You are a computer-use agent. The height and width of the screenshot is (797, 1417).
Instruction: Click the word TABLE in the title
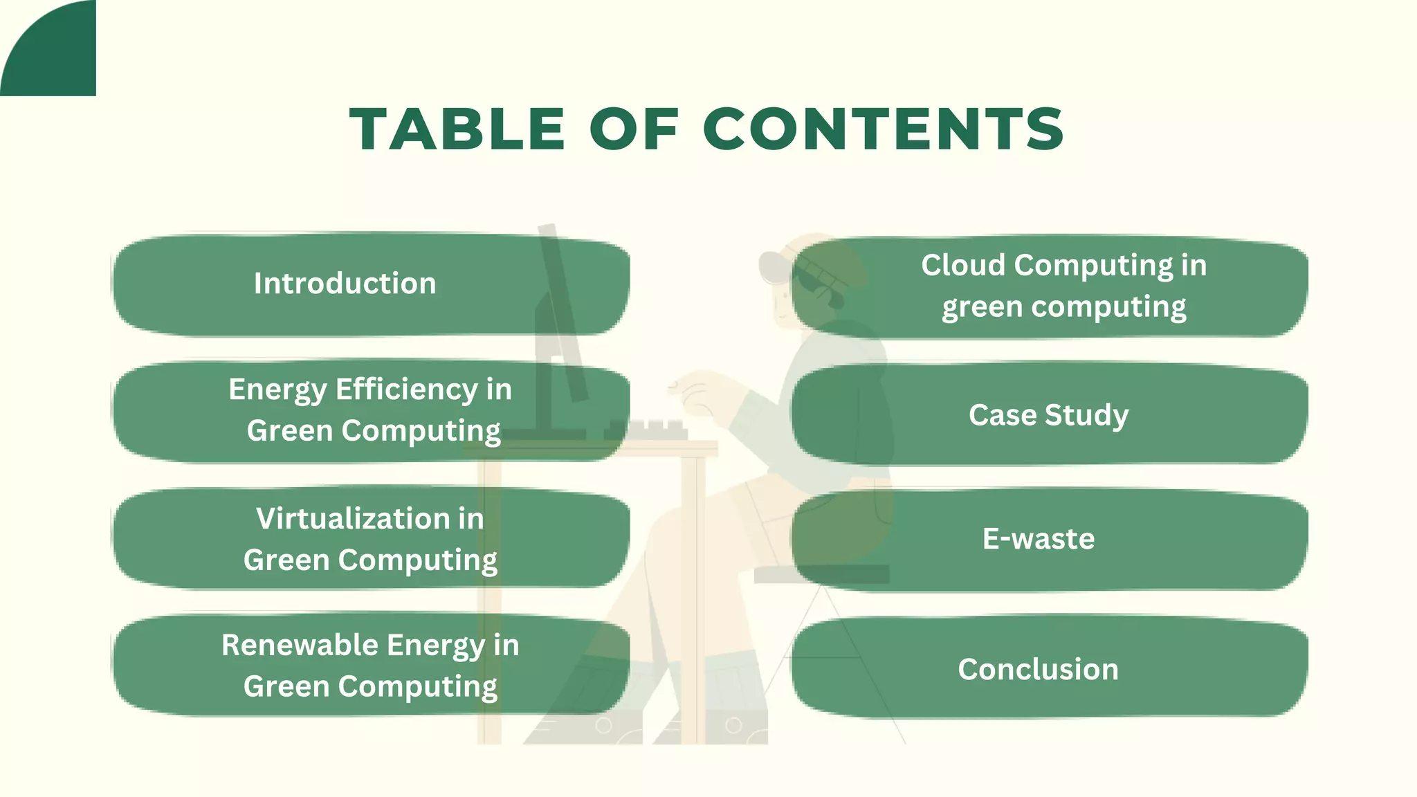click(457, 129)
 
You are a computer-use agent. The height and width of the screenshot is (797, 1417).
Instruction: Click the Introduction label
click(345, 284)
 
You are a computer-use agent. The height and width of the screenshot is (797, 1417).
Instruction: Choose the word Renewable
click(299, 645)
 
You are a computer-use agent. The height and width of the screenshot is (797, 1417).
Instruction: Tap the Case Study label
click(1048, 415)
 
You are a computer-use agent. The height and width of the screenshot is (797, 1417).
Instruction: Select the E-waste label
click(1038, 539)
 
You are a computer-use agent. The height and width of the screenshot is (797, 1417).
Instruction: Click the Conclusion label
click(1038, 670)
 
